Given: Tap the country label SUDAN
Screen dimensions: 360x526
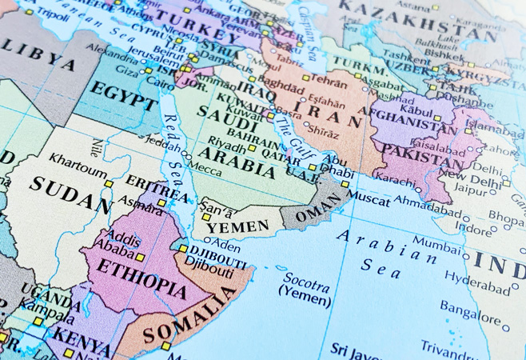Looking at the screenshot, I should point(70,195).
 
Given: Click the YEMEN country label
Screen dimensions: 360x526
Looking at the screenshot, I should point(238,226).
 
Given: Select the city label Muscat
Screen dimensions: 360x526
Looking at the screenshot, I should point(371,194).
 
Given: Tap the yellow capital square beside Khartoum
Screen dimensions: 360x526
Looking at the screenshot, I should point(109,183).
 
